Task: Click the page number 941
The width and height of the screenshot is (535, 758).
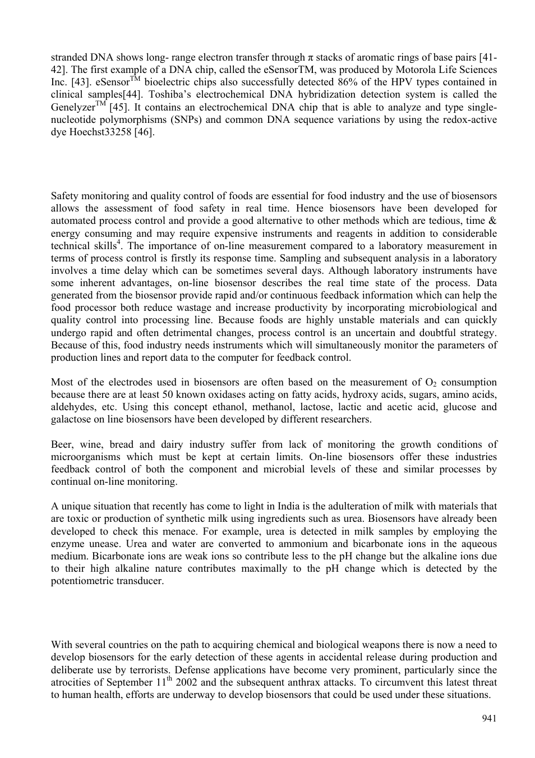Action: coord(489,719)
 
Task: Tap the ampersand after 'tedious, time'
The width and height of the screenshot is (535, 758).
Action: coord(492,221)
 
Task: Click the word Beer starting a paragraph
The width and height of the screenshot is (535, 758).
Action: coord(61,444)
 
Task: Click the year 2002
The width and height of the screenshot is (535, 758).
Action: coord(186,682)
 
